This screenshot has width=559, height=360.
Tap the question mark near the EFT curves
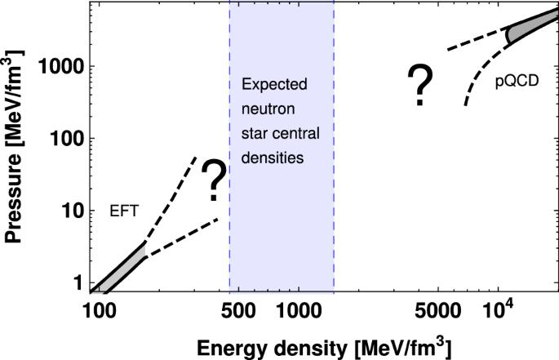point(214,181)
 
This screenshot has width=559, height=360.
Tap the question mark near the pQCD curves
point(419,87)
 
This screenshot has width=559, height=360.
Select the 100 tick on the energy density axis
point(98,311)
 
